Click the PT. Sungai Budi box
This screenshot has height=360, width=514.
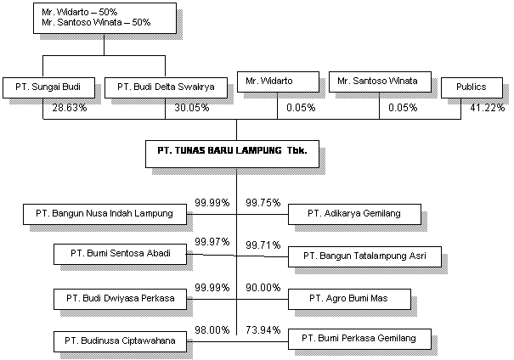48,87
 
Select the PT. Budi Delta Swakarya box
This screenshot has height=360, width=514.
166,87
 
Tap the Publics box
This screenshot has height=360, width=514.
471,87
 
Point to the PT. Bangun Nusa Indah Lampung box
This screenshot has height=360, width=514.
104,214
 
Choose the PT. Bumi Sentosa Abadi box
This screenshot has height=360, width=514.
120,253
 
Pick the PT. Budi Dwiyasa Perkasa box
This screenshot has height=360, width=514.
120,299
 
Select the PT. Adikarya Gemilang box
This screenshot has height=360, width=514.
353,214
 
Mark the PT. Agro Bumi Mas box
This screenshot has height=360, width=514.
348,299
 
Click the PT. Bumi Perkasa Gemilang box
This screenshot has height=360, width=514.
359,339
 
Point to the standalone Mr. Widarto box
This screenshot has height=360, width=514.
277,81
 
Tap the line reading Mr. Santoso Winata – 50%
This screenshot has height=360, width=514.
96,23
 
